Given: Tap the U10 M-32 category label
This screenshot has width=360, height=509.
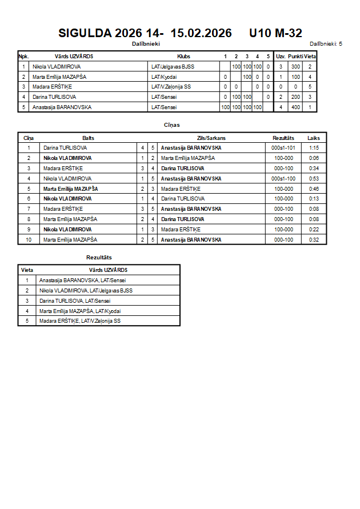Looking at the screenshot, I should click(x=275, y=34).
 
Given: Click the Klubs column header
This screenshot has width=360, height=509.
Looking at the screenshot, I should click(x=184, y=57).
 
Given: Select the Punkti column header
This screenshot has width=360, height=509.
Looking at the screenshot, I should click(x=295, y=57).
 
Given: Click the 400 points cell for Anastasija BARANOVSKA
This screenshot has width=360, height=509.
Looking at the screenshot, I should click(x=295, y=107).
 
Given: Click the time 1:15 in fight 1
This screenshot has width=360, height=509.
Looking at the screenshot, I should click(x=314, y=148).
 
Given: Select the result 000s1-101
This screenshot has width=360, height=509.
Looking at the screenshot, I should click(x=283, y=148).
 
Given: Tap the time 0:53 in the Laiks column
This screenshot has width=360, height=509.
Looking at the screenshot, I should click(x=314, y=179).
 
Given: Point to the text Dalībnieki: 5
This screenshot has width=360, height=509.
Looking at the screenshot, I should click(x=326, y=44).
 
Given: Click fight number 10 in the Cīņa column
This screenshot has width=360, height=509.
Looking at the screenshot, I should click(x=29, y=240).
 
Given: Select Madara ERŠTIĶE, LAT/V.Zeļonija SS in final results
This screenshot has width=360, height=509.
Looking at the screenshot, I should click(x=80, y=321).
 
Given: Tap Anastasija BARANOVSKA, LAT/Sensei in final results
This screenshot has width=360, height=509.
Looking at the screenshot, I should click(x=82, y=280).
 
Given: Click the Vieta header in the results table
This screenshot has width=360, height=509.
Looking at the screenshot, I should click(x=27, y=270).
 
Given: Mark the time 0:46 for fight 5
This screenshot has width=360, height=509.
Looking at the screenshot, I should click(x=314, y=189).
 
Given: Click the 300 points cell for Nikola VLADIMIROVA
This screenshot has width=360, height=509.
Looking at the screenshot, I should click(x=295, y=67).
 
